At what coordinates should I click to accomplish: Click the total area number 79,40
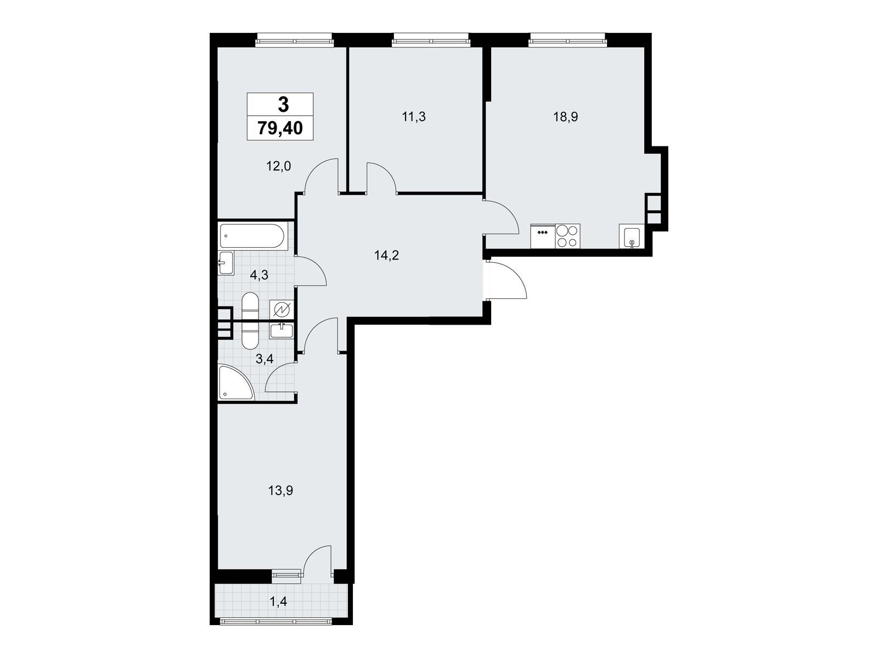pos(280,128)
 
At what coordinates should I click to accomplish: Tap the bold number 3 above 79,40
pos(283,105)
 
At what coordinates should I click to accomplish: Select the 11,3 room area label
pos(414,117)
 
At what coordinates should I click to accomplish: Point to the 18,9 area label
pos(566,117)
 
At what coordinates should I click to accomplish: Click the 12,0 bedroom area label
pos(278,166)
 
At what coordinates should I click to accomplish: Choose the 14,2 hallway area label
pos(386,255)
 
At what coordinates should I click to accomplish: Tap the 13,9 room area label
pos(280,491)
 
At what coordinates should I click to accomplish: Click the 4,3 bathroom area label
pos(259,275)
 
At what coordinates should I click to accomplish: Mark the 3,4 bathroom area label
pos(264,359)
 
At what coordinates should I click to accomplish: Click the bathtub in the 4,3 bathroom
pos(253,236)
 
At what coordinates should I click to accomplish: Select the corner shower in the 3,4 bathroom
pos(236,382)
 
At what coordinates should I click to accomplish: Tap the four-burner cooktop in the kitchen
pos(567,236)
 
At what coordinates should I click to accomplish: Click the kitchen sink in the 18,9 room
pos(631,236)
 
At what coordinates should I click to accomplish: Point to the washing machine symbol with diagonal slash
pos(282,309)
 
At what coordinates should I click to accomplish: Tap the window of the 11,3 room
pos(430,40)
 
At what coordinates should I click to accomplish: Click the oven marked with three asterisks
pos(543,236)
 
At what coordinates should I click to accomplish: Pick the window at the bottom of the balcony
pos(276,621)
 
